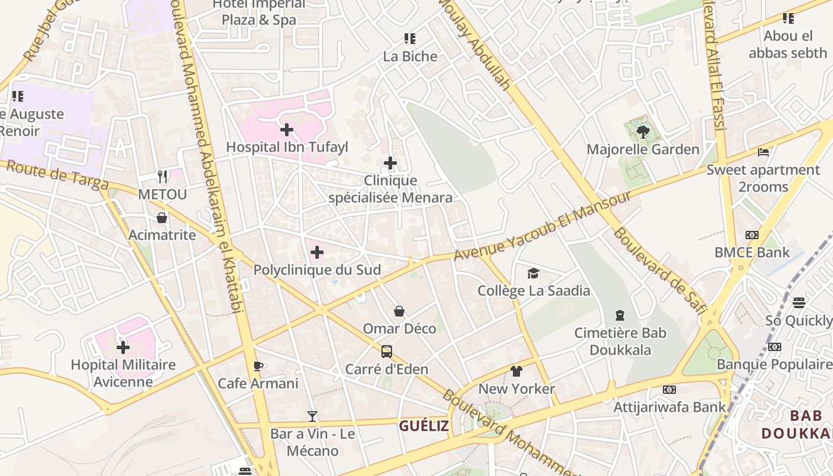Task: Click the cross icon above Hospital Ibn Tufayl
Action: click(x=287, y=129)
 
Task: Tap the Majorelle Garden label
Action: click(x=643, y=149)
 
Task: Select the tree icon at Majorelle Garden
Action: click(x=642, y=131)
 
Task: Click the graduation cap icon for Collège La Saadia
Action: click(x=533, y=273)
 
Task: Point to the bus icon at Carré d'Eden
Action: click(x=387, y=352)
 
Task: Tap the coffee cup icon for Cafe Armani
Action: click(x=258, y=366)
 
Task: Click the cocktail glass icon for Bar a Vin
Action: click(x=312, y=416)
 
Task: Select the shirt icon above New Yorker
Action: click(x=516, y=371)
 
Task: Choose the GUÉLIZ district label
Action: click(x=424, y=426)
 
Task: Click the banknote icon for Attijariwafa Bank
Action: click(x=669, y=390)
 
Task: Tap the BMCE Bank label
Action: click(x=752, y=252)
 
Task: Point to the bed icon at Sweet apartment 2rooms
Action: click(x=763, y=152)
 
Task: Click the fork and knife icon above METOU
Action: click(x=162, y=176)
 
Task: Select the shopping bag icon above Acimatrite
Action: click(x=162, y=218)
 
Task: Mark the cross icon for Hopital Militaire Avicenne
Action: click(x=123, y=347)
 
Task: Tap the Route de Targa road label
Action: click(x=57, y=176)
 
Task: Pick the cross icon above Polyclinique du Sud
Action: click(x=317, y=252)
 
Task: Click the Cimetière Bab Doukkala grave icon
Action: click(x=620, y=315)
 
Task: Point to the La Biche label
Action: click(x=410, y=57)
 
